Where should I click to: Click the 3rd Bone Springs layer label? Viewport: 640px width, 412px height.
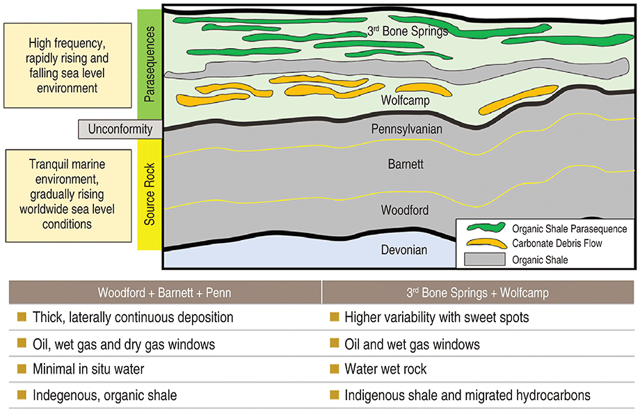407,31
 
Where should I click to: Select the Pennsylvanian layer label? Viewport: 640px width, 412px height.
407,129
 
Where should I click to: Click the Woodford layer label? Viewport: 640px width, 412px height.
405,209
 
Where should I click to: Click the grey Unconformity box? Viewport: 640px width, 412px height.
120,129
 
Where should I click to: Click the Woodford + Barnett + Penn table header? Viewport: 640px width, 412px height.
166,293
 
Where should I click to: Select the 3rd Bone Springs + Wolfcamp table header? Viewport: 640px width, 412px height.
479,293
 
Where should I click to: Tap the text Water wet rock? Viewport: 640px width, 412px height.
385,369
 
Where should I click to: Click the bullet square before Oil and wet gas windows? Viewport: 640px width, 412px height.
333,343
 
